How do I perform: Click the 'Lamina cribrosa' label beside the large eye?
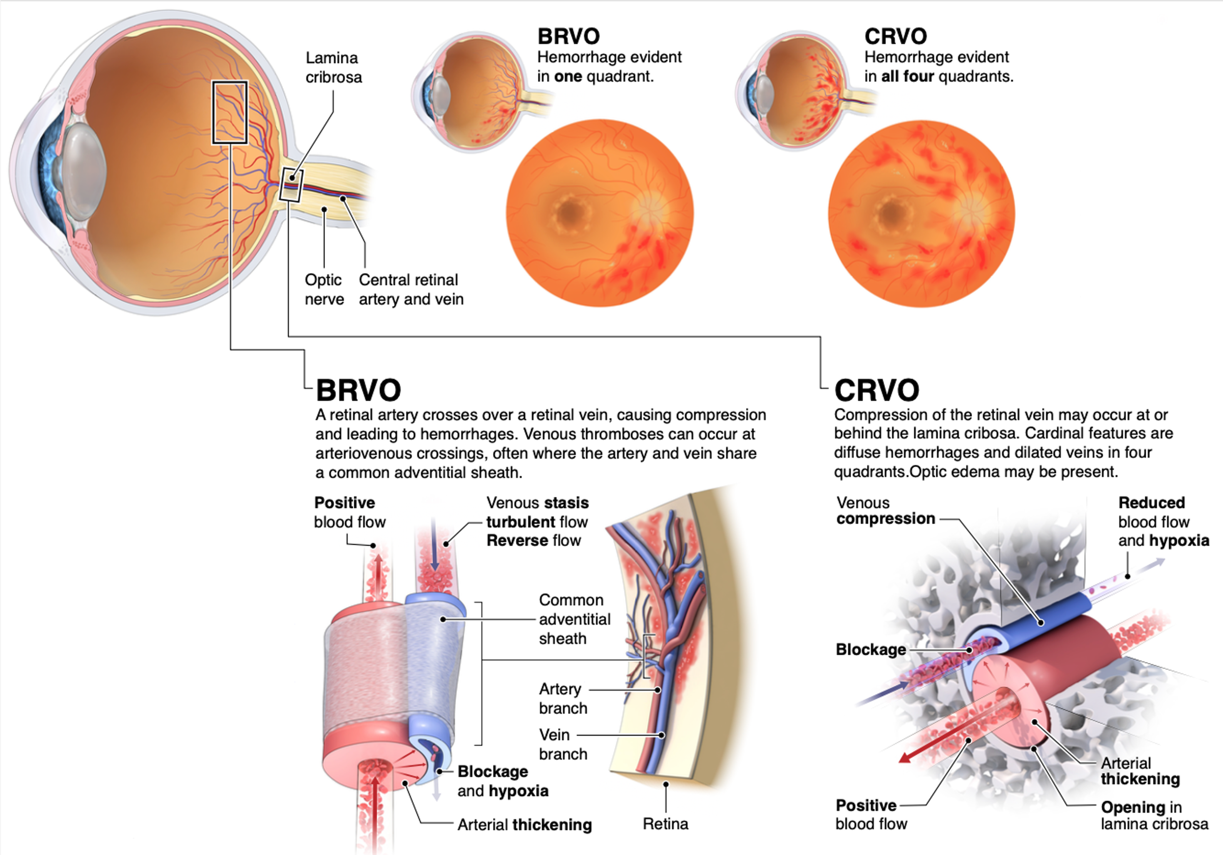click(334, 68)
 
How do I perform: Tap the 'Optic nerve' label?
click(324, 289)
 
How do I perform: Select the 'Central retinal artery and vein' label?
click(411, 289)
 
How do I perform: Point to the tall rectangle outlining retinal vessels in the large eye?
click(229, 112)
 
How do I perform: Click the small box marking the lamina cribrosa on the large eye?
click(292, 185)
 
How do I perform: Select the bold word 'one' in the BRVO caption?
click(568, 77)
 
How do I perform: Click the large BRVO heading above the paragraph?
click(358, 390)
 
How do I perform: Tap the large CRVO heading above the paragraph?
click(877, 390)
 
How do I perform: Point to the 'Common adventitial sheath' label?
click(574, 619)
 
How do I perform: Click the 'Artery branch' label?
click(563, 698)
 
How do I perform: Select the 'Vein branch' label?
click(563, 744)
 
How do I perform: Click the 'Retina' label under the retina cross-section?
click(665, 824)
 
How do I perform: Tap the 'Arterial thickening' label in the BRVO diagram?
click(524, 825)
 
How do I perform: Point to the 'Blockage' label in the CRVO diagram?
click(870, 649)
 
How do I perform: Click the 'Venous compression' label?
click(885, 511)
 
